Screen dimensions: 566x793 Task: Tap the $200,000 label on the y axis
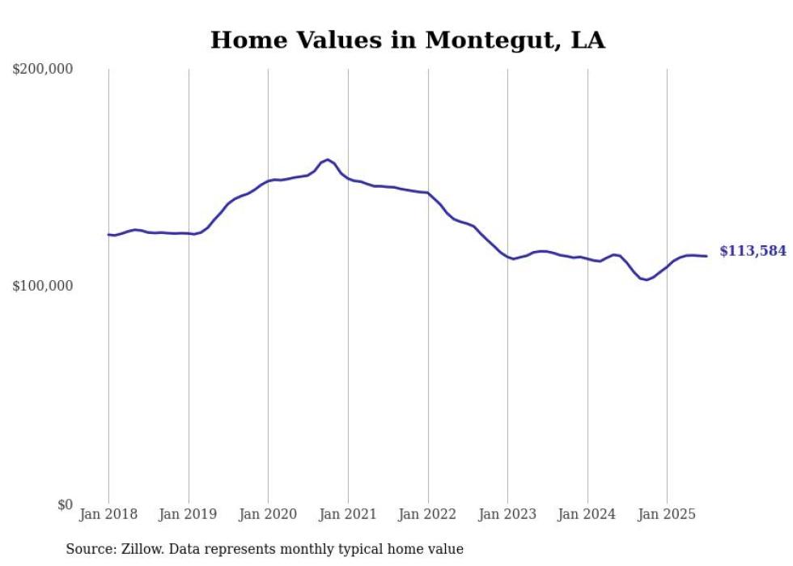pyautogui.click(x=43, y=70)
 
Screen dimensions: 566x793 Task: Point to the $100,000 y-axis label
pyautogui.click(x=43, y=287)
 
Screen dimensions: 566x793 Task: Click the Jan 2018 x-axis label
pyautogui.click(x=108, y=514)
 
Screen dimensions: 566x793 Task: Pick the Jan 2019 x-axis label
pyautogui.click(x=189, y=514)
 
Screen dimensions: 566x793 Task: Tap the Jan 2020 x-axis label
pyautogui.click(x=268, y=514)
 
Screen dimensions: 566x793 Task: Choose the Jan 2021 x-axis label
pyautogui.click(x=348, y=514)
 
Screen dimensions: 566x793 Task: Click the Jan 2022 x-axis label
pyautogui.click(x=428, y=514)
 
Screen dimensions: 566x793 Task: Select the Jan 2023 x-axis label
pyautogui.click(x=507, y=514)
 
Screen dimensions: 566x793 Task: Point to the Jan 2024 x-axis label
pyautogui.click(x=587, y=514)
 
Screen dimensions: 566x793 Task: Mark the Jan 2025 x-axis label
pyautogui.click(x=667, y=514)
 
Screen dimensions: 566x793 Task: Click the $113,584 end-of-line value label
pyautogui.click(x=753, y=252)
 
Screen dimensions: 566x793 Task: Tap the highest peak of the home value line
pyautogui.click(x=328, y=160)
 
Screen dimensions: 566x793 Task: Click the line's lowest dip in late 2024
pyautogui.click(x=646, y=280)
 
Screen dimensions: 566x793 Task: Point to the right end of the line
pyautogui.click(x=706, y=256)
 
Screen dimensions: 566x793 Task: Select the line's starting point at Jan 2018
pyautogui.click(x=108, y=235)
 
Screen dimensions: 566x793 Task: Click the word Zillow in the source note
pyautogui.click(x=139, y=549)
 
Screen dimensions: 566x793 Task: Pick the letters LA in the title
pyautogui.click(x=587, y=40)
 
